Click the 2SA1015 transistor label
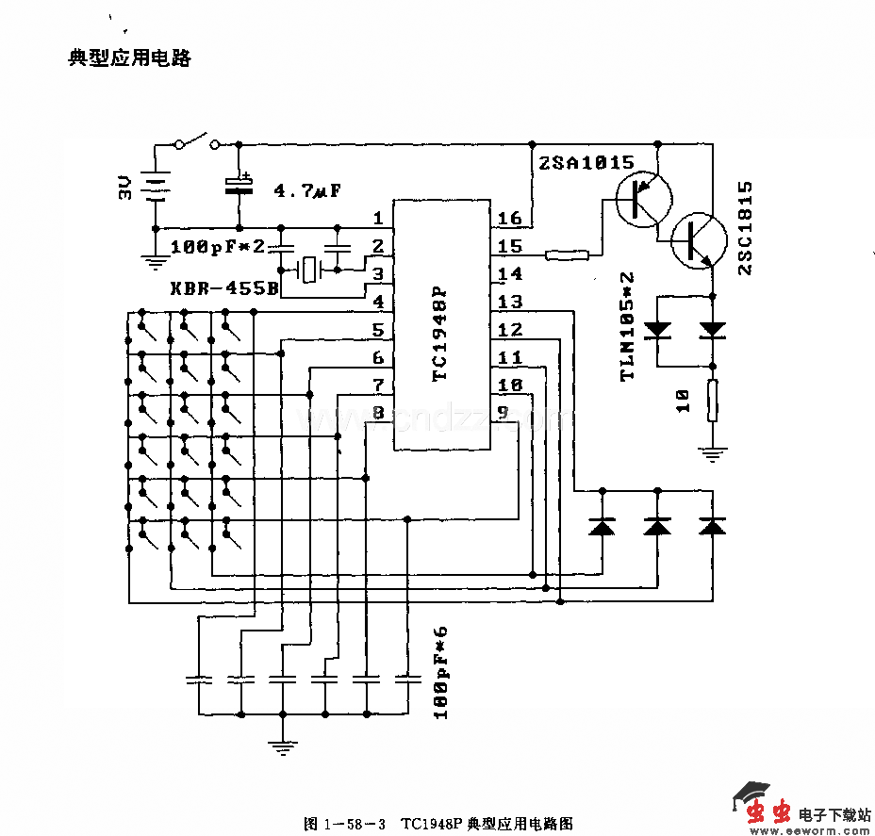pyautogui.click(x=586, y=163)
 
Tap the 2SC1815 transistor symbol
pyautogui.click(x=699, y=240)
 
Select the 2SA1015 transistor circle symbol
pyautogui.click(x=644, y=198)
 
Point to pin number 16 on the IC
pyautogui.click(x=509, y=219)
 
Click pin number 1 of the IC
pyautogui.click(x=378, y=219)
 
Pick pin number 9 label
pyautogui.click(x=503, y=412)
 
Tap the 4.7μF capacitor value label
pyautogui.click(x=306, y=191)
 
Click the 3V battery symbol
pyautogui.click(x=154, y=188)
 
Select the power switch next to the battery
pyautogui.click(x=197, y=142)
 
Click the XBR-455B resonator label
pyautogui.click(x=224, y=288)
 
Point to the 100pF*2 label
pyautogui.click(x=218, y=247)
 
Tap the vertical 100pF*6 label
pyautogui.click(x=440, y=672)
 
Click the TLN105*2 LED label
pyautogui.click(x=627, y=326)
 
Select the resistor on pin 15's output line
pyautogui.click(x=568, y=254)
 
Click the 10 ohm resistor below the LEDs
pyautogui.click(x=713, y=400)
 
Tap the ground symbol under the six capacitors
pyautogui.click(x=281, y=747)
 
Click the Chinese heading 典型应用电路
pyautogui.click(x=129, y=58)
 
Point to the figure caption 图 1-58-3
pyautogui.click(x=344, y=823)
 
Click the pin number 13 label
pyautogui.click(x=509, y=303)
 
